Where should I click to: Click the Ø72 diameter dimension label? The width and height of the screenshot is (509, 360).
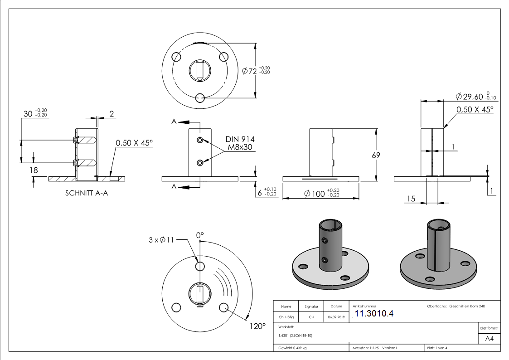point(250,71)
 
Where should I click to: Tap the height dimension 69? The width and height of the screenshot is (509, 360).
point(375,155)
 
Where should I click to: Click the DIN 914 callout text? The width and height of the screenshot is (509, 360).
point(240,139)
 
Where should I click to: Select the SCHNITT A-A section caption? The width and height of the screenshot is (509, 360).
point(87,193)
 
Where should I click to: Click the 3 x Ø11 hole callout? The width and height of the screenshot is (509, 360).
point(161,240)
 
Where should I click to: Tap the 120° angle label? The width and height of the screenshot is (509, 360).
point(257,326)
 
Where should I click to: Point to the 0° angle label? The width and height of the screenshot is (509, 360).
point(200,235)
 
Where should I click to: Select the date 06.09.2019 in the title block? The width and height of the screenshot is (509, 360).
point(336,317)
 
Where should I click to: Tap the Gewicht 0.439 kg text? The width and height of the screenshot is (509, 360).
point(292,348)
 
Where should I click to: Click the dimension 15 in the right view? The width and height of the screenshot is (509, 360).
point(411,199)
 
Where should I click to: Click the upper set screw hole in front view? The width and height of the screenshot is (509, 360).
point(200,140)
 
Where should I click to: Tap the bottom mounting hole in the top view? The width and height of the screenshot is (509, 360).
point(200,98)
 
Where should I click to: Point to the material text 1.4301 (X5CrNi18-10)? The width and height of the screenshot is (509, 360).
point(295,336)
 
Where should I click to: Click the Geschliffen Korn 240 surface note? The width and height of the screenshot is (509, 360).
point(467,306)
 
